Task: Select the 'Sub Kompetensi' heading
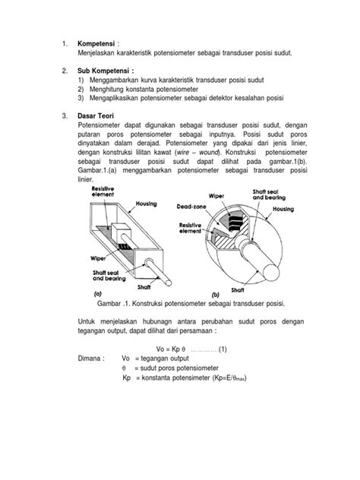coord(107,71)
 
